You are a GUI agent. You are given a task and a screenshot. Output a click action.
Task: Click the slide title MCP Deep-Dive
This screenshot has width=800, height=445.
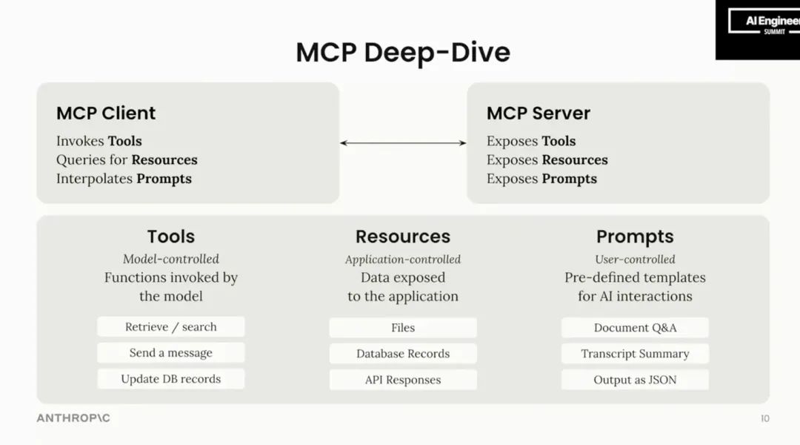pos(402,53)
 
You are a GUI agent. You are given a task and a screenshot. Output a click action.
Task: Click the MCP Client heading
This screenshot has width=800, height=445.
pos(106,113)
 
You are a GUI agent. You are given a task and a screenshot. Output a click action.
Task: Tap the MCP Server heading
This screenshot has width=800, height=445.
pos(538,113)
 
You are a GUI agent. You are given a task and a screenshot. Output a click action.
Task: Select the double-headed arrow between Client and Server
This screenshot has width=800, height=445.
pos(403,142)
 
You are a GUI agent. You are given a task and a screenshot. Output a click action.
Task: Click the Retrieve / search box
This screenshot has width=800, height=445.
pos(170,327)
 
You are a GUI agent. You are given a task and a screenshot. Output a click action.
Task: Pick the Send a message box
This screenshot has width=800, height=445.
pos(170,353)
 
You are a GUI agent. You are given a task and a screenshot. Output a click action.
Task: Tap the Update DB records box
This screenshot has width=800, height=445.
pos(170,379)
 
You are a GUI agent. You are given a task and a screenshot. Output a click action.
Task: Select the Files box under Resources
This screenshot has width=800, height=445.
pos(403,328)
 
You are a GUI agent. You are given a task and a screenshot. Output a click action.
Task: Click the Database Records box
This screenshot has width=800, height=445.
pos(403,354)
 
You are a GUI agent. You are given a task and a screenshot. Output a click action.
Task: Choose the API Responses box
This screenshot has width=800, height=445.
pos(403,380)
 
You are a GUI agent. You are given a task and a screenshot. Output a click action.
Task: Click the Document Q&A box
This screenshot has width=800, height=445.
pos(635,328)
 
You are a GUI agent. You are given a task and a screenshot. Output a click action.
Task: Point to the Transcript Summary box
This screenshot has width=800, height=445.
pos(635,354)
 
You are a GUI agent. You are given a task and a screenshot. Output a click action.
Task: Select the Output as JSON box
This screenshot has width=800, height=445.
pos(635,380)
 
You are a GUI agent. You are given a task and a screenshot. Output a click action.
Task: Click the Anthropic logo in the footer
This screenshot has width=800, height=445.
pos(73,418)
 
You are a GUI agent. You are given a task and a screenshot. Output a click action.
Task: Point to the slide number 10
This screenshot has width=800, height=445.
pos(764,419)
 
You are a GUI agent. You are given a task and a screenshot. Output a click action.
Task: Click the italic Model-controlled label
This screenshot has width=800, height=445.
pos(170,259)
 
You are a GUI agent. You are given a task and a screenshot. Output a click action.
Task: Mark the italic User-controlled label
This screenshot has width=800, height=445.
pos(635,259)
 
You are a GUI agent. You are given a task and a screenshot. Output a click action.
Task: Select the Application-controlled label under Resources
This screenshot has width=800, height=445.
pos(403,260)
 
